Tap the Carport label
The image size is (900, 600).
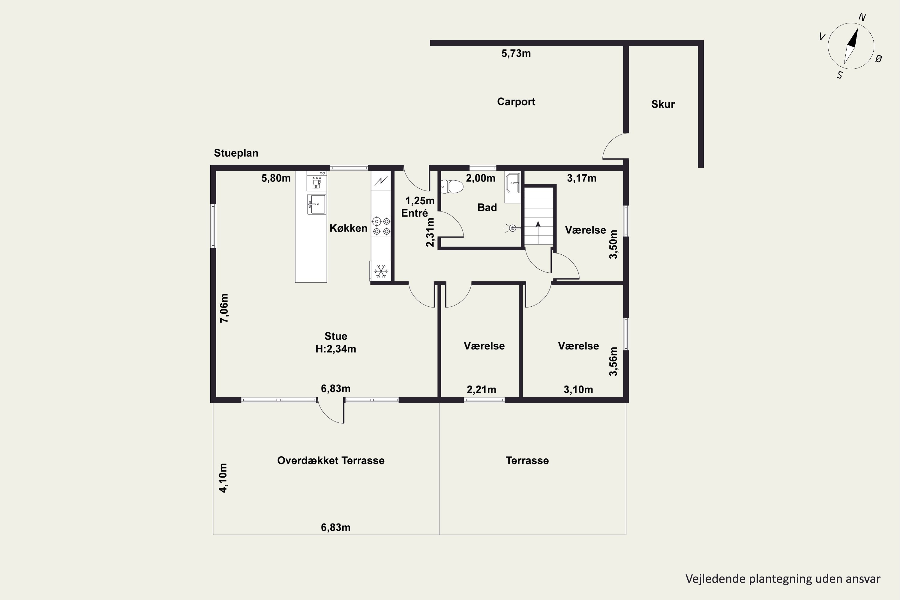tap(516, 102)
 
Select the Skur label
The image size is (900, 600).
tap(663, 104)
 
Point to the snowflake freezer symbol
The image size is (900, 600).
tap(381, 271)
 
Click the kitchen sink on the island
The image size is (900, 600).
tap(316, 204)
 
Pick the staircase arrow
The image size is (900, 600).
tap(538, 232)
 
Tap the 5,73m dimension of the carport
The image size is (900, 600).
tap(516, 54)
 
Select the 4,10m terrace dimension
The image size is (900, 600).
tap(223, 478)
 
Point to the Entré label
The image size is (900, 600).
tap(414, 213)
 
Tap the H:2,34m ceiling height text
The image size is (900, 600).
tap(336, 349)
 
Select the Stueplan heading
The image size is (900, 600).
tap(236, 153)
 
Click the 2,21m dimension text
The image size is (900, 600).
tap(481, 390)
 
